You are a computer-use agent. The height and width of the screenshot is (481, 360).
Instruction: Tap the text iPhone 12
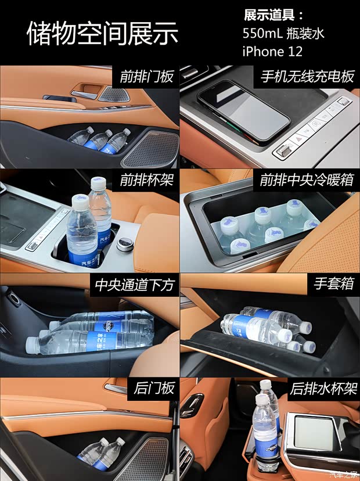pyautogui.click(x=272, y=51)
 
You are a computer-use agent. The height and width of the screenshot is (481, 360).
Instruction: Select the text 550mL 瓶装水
pyautogui.click(x=283, y=33)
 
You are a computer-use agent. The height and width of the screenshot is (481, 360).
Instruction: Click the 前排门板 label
pyautogui.click(x=147, y=77)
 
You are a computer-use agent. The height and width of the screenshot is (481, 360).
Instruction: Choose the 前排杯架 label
pyautogui.click(x=147, y=181)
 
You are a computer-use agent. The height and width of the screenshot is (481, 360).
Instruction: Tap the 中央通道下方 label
pyautogui.click(x=134, y=285)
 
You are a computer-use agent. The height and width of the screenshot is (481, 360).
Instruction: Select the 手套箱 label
pyautogui.click(x=334, y=285)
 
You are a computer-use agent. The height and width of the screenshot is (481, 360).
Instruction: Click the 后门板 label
pyautogui.click(x=153, y=389)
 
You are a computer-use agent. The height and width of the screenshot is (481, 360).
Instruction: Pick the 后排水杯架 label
pyautogui.click(x=321, y=389)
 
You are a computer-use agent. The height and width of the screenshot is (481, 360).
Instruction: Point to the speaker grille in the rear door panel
pyautogui.click(x=134, y=459)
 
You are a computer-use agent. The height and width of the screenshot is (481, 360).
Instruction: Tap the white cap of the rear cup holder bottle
pyautogui.click(x=266, y=386)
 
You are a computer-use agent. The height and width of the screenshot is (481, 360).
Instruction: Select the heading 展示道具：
pyautogui.click(x=273, y=15)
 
